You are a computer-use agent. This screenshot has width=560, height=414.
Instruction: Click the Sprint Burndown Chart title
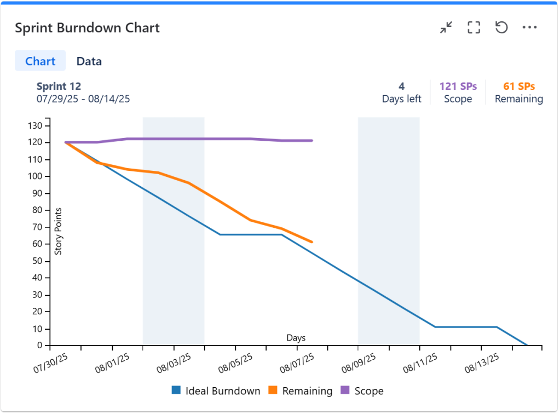point(87,28)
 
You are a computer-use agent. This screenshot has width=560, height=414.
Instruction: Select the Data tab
point(89,61)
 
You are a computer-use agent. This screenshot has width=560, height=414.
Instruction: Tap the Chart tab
point(41,61)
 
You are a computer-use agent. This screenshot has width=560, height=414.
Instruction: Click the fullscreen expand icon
point(474,27)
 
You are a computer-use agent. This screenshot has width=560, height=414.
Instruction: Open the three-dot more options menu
point(529,27)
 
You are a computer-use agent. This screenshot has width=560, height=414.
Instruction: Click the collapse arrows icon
point(446,27)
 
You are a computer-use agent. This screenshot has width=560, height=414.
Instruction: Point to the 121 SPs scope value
point(458,87)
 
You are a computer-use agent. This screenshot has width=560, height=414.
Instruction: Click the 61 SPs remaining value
point(519,87)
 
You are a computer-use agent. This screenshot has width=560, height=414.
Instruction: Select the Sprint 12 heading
point(59,87)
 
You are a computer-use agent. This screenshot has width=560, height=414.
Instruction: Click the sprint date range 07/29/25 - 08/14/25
point(83,99)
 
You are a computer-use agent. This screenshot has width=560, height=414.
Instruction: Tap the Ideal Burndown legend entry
point(216,391)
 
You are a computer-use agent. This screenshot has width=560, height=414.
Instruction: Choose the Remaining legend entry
point(300,391)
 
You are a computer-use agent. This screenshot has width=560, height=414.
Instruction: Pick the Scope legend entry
point(362,391)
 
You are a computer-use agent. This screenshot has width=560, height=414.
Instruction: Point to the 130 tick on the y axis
point(35,126)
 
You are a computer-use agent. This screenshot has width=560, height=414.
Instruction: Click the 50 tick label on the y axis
point(37,261)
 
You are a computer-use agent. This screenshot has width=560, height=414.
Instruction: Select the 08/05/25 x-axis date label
point(235,363)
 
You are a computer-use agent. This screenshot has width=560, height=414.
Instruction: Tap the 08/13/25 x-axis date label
point(482,363)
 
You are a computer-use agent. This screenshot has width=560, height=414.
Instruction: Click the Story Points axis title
point(58,232)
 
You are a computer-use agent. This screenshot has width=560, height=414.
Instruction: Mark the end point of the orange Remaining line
point(312,242)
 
